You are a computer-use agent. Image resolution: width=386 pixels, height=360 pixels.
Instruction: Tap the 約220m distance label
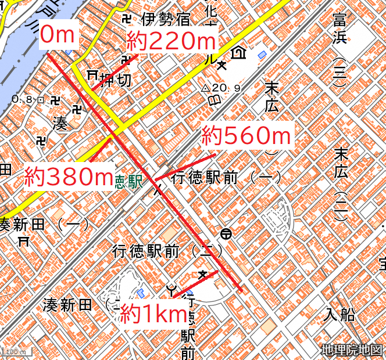coord(171,42)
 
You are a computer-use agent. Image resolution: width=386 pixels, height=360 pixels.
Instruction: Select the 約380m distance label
coord(68,177)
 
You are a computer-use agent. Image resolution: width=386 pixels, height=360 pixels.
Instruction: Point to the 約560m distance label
coord(246,136)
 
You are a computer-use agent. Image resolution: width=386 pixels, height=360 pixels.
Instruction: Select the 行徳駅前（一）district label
coord(227,178)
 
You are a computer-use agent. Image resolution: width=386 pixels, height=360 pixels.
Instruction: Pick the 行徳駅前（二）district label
coord(168,251)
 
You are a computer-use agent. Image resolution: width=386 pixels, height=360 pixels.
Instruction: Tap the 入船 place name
coord(339,315)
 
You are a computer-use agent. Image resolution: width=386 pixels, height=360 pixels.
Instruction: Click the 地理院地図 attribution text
coord(352,350)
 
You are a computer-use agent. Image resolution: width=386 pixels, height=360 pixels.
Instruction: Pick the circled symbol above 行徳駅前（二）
coord(226,234)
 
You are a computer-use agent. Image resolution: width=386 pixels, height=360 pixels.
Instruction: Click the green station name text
coord(128,181)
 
